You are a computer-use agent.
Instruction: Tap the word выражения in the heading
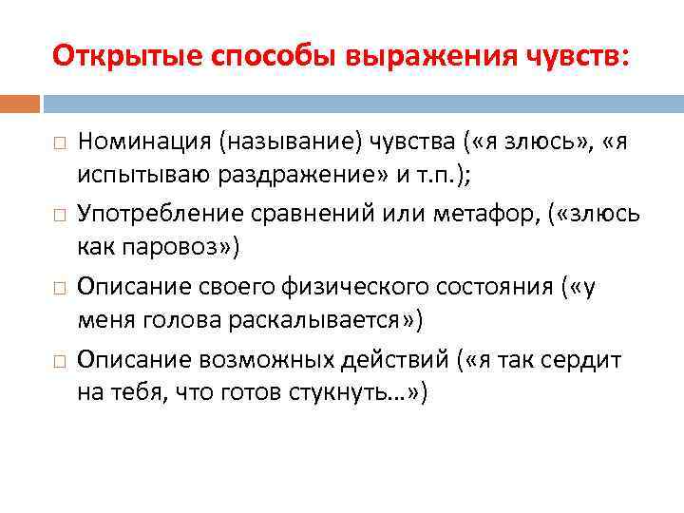(x=408, y=56)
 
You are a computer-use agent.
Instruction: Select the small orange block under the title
(x=20, y=103)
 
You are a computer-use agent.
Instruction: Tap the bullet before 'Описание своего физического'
(x=59, y=286)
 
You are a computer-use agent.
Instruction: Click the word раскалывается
(x=328, y=320)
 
